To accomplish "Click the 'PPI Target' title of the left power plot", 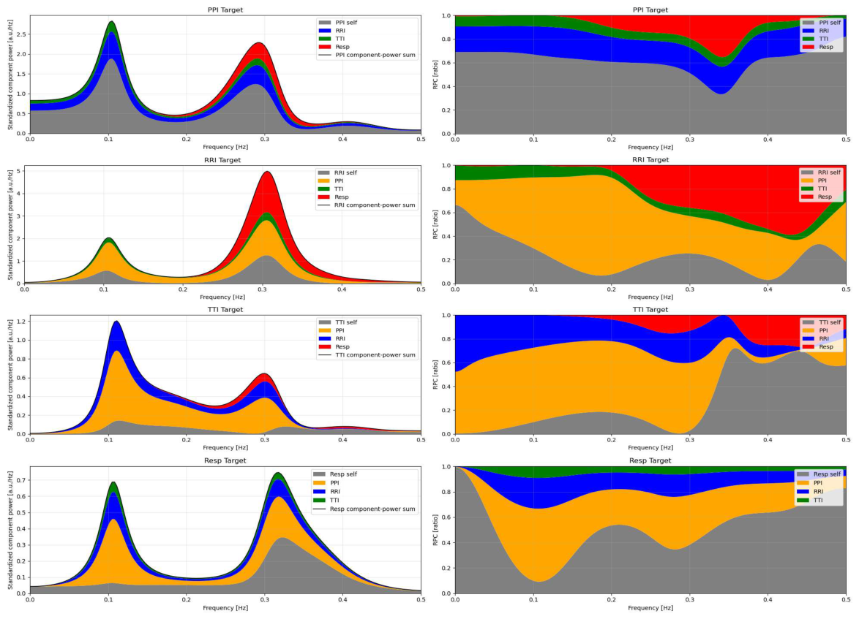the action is (225, 10).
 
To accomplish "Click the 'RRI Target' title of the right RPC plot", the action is (650, 160).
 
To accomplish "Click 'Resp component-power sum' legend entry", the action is (364, 509).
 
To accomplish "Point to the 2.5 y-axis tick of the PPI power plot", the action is (21, 34).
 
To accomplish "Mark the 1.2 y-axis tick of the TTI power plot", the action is (21, 322).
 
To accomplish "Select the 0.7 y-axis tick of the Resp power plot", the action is (21, 481).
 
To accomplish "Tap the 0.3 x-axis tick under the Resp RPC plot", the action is (690, 600).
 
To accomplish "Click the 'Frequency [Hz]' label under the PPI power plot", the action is (225, 147).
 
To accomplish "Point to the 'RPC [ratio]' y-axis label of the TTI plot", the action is (435, 375).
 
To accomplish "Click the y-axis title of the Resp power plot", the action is (10, 530).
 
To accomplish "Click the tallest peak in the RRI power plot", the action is (267, 172).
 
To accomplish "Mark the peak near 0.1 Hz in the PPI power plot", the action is (112, 22).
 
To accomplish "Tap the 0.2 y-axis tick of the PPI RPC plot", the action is (446, 110).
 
